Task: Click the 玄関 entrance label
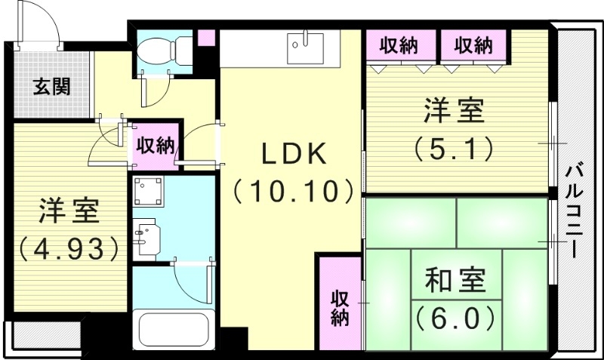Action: [x=52, y=86]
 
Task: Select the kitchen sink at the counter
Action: [x=307, y=48]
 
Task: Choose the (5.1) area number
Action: [x=453, y=147]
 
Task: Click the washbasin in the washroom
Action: [x=144, y=233]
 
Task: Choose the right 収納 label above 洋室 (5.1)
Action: [x=473, y=46]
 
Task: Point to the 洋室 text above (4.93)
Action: [x=69, y=212]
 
